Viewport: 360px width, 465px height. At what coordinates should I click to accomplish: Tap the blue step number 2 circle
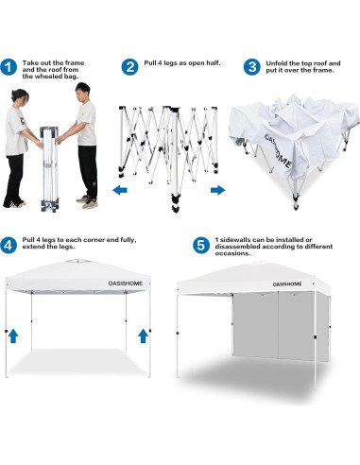pos(130,67)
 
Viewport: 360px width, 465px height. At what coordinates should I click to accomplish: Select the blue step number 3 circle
pos(252,67)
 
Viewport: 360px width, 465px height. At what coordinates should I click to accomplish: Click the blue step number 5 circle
pos(200,244)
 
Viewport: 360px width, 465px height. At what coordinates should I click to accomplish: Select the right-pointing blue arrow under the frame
pos(217,190)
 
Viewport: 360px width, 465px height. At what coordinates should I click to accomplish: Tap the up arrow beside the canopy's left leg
pos(13,335)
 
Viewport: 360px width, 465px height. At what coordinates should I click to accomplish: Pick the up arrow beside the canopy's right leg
pos(143,335)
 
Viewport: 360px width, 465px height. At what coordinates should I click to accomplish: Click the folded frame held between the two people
pos(54,156)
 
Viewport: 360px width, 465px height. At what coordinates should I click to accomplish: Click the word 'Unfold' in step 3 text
pos(276,61)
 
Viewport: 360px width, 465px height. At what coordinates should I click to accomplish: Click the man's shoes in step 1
pos(88,201)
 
